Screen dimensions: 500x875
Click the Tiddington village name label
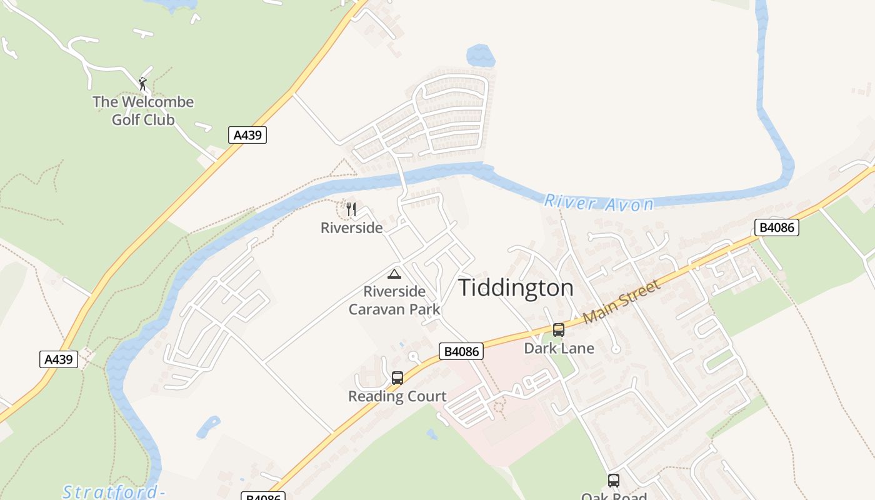[x=516, y=287]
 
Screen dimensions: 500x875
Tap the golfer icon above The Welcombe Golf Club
[x=143, y=83]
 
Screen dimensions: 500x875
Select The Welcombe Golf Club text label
[x=143, y=111]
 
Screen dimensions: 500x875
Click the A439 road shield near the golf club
[x=247, y=135]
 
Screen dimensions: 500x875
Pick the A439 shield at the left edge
[x=59, y=359]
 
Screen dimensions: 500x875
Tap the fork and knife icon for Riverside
[x=351, y=209]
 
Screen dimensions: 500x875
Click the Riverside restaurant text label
[x=351, y=228]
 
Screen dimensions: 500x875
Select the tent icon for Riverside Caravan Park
[x=394, y=274]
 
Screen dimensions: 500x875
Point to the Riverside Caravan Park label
[x=394, y=300]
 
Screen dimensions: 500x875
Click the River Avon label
[x=599, y=202]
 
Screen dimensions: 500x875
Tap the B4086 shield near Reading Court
[x=461, y=352]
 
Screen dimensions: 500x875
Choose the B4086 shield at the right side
[x=777, y=227]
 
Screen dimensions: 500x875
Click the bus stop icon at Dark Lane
[x=559, y=329]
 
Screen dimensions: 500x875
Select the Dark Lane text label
[x=559, y=348]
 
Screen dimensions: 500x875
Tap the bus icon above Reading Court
[x=397, y=377]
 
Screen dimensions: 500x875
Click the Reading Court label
[x=397, y=396]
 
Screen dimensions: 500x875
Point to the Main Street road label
[x=621, y=302]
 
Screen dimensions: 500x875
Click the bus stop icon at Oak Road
[x=614, y=480]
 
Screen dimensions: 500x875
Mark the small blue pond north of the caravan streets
[x=481, y=56]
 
